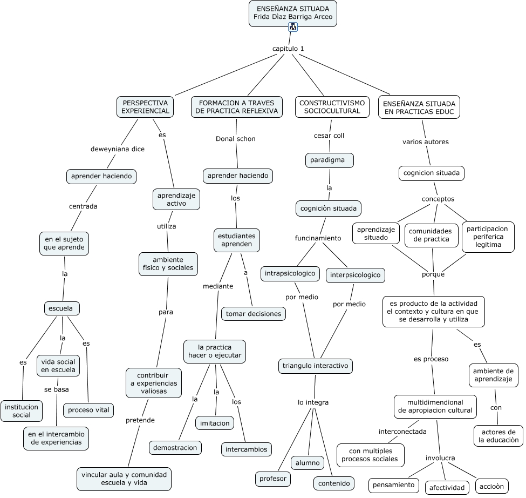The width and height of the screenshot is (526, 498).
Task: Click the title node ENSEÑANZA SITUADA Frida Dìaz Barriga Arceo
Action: click(x=292, y=14)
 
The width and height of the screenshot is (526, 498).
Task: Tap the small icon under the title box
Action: click(x=293, y=27)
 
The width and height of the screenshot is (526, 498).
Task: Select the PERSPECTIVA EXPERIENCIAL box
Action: click(x=145, y=107)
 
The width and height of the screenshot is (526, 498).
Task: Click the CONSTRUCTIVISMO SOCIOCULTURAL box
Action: click(x=332, y=107)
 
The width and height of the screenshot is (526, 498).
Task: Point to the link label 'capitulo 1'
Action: click(x=288, y=49)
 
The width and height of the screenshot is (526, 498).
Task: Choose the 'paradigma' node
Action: click(x=330, y=160)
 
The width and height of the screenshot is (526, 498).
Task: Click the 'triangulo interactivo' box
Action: click(x=316, y=366)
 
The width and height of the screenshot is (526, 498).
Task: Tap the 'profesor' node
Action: click(x=273, y=479)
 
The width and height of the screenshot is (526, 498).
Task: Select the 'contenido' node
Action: click(x=334, y=483)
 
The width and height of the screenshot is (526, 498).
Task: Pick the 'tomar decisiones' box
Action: click(x=253, y=314)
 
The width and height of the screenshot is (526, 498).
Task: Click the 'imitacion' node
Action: click(x=215, y=423)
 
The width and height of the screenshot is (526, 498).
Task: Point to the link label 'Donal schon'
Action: click(x=236, y=139)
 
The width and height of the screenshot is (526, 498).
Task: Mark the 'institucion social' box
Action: click(x=22, y=410)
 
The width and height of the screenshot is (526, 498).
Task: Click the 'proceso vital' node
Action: click(x=88, y=410)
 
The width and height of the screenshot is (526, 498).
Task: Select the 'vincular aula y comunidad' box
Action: click(x=124, y=479)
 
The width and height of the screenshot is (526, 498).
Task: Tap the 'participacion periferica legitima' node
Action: click(x=488, y=237)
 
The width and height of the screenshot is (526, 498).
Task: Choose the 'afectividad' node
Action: click(x=447, y=488)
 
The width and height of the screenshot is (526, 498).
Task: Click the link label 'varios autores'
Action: click(x=425, y=142)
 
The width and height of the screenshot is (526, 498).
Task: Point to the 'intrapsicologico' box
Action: click(x=290, y=273)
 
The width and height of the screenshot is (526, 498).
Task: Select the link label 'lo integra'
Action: click(x=313, y=402)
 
